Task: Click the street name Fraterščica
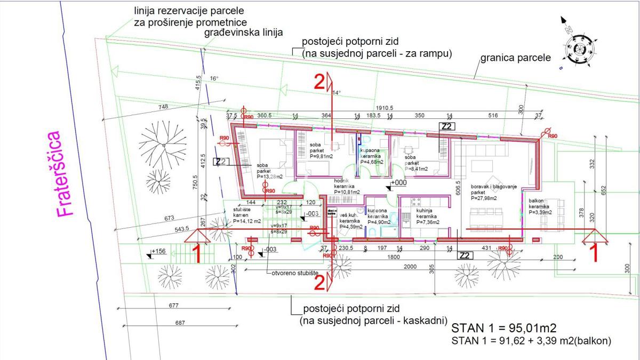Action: pyautogui.click(x=65, y=174)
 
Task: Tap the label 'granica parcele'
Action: pyautogui.click(x=515, y=57)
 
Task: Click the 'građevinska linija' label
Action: pyautogui.click(x=243, y=33)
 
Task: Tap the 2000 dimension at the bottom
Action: pyautogui.click(x=410, y=267)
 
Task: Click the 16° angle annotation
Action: pyautogui.click(x=214, y=78)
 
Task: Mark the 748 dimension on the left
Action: pyautogui.click(x=163, y=107)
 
